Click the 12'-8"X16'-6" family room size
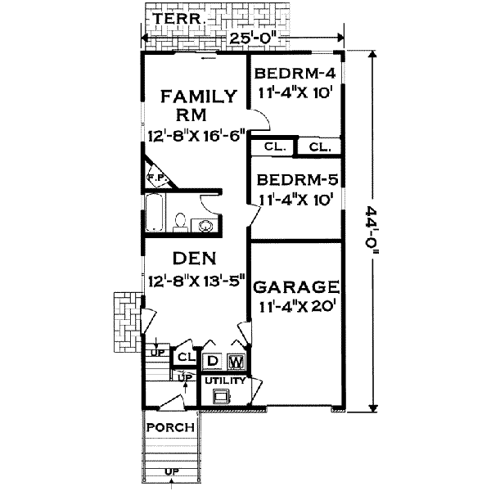click(x=197, y=136)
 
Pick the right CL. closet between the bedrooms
click(x=319, y=148)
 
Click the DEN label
click(x=195, y=259)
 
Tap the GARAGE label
click(x=295, y=286)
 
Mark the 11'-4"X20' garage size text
click(x=295, y=309)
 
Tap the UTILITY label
click(x=224, y=381)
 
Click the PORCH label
click(x=169, y=427)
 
